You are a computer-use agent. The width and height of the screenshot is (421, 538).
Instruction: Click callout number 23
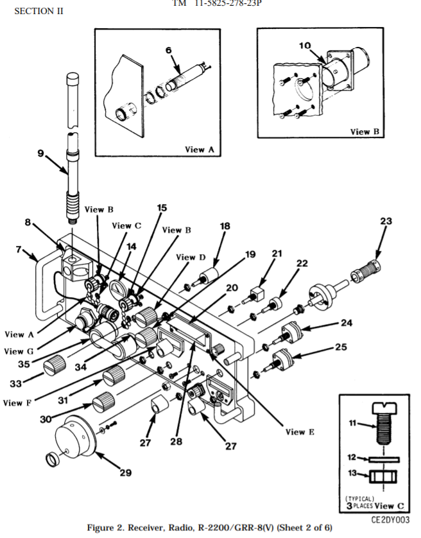pos(386,221)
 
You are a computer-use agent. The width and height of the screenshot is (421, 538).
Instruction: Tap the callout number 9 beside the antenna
pos(41,153)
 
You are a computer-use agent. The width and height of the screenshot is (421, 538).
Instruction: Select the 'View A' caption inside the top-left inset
pos(200,149)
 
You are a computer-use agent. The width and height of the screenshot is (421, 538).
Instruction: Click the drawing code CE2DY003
pos(390,520)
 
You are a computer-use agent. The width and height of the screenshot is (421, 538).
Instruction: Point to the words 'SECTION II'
pos(39,12)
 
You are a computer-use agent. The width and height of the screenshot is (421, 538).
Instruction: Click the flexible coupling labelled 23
pos(366,270)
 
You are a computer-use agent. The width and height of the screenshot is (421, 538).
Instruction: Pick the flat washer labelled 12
pos(384,460)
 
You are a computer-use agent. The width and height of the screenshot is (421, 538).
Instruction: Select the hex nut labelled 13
pos(383,476)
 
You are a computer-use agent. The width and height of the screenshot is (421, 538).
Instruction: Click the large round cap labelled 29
pos(75,436)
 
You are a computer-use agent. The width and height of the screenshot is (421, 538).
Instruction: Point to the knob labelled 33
pos(55,365)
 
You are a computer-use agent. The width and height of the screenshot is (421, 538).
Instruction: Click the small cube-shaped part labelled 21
pos(257,295)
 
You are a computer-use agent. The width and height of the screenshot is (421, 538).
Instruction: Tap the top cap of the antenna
pos(73,78)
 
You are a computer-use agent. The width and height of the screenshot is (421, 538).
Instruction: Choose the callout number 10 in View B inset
pos(305,46)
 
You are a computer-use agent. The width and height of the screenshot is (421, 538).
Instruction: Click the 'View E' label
pos(300,431)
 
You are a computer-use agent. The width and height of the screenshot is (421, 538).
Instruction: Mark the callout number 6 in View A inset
pos(169,50)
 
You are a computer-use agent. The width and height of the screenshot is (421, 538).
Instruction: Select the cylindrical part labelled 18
pos(209,275)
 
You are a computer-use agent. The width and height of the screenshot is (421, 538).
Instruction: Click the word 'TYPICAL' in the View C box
pos(359,499)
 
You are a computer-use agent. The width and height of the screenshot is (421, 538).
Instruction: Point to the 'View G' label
pos(19,351)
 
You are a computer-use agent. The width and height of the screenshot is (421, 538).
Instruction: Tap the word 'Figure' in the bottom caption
pos(101,528)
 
